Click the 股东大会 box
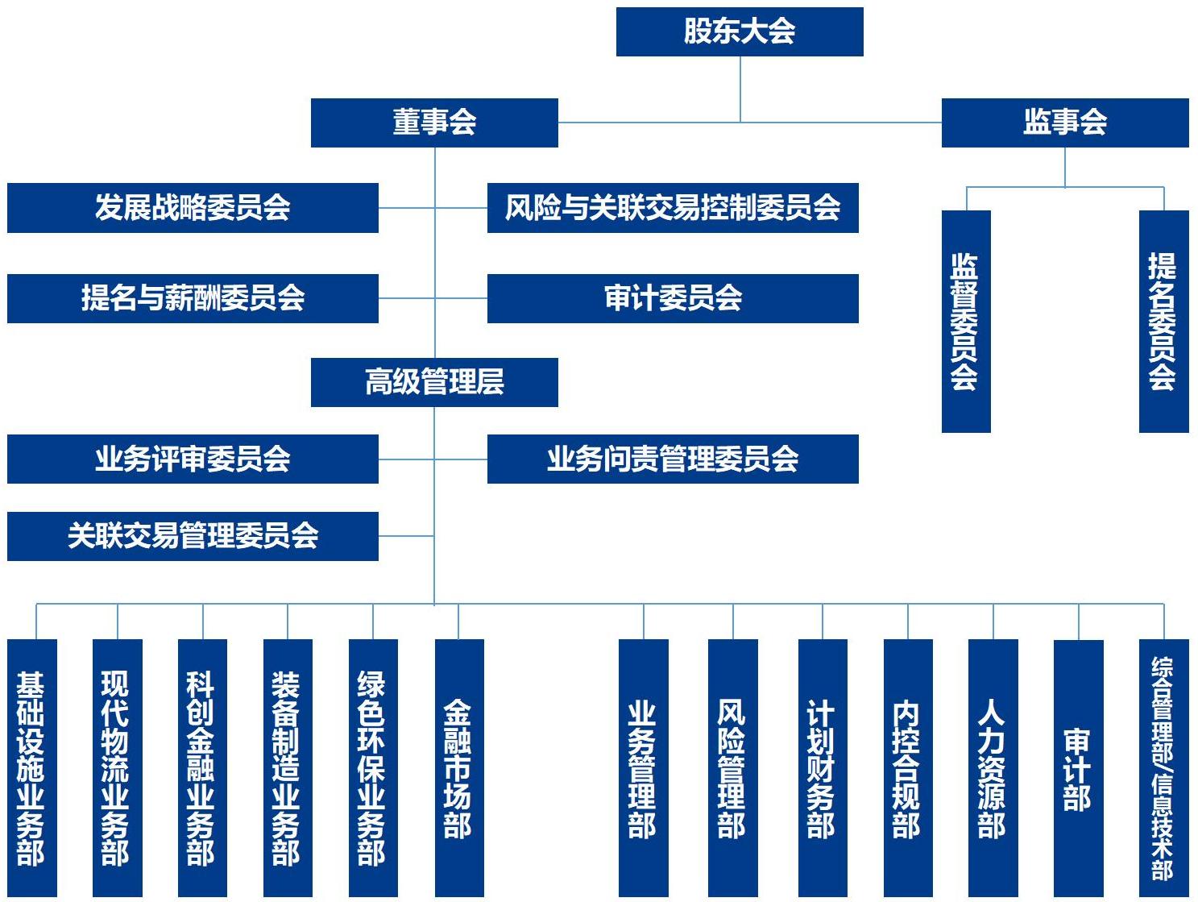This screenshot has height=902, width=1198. (739, 31)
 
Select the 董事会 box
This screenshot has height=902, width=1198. (434, 123)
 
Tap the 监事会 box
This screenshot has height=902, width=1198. (1064, 123)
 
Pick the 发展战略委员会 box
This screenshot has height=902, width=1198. (193, 208)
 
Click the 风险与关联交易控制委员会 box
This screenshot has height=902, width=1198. (672, 208)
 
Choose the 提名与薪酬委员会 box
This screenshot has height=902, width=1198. (193, 298)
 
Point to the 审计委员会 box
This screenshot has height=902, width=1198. (672, 298)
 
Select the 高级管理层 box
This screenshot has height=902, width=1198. (434, 382)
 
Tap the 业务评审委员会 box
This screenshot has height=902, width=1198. (193, 459)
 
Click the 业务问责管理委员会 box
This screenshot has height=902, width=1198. (672, 459)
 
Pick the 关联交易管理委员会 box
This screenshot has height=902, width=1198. (193, 536)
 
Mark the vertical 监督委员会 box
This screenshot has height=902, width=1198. (965, 321)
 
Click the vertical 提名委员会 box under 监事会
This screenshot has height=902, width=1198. (1163, 321)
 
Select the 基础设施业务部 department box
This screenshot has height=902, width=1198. (31, 767)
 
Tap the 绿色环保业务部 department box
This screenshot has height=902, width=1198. (373, 767)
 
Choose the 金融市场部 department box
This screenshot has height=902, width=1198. (458, 767)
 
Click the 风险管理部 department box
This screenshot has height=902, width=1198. (732, 767)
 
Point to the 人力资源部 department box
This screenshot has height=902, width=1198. (993, 767)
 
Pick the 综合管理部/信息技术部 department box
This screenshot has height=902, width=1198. (1163, 767)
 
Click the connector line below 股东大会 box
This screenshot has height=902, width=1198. (740, 89)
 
